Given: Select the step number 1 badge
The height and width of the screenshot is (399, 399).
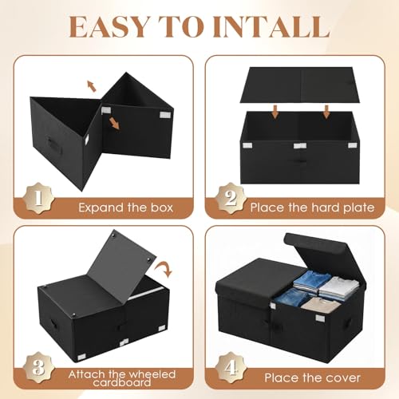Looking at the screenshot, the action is coord(39,198).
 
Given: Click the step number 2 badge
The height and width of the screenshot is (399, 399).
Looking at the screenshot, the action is coord(231,198).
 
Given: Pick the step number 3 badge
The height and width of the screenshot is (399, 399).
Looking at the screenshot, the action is coord(39,368).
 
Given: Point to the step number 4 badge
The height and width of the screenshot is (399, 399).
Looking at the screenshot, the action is coord(231,368).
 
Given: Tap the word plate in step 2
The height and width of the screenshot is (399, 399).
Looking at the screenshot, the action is coord(358,207).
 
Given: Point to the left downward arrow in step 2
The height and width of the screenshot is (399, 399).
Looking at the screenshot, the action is coord(275,112).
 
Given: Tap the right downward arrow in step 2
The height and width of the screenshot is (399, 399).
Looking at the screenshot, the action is coord(326,112).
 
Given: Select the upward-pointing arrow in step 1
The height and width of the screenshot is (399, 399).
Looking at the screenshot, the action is coord(92,86).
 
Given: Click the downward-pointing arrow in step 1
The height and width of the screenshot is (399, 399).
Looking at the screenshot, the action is coord(114,123).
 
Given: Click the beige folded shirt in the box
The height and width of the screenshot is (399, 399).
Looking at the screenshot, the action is coord(321,306).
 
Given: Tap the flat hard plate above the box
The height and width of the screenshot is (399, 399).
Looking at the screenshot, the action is coord(300,85).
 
